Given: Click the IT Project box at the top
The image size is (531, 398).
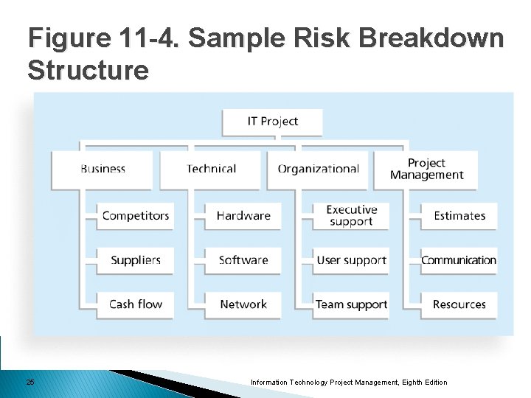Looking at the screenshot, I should tap(272, 122).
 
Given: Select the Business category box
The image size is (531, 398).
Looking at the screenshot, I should tap(103, 169).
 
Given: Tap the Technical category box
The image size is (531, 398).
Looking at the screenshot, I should tap(211, 169).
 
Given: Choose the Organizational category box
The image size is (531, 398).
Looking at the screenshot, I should tap(318, 169).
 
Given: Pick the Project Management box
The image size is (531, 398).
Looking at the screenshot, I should tap(426, 169).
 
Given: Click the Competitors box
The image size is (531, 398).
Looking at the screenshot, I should tap(136, 216).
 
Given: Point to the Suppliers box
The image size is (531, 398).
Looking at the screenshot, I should tap(136, 260).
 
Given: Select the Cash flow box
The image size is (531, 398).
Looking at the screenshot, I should tap(136, 304).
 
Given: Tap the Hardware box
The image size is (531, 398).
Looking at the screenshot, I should tap(243, 216).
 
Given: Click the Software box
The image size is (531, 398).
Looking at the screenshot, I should tap(243, 260).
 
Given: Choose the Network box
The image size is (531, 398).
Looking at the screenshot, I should tap(243, 304).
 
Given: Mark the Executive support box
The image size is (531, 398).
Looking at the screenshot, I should tap(351, 216).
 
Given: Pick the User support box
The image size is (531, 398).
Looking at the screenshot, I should tap(351, 260).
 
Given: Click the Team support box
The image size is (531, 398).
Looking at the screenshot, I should tap(351, 304).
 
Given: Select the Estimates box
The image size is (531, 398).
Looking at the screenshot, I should tap(459, 216).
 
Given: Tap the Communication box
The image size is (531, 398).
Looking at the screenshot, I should tap(459, 260).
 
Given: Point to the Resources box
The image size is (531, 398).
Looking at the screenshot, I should tap(459, 304).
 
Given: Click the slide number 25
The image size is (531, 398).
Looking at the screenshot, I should tap(30, 382).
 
